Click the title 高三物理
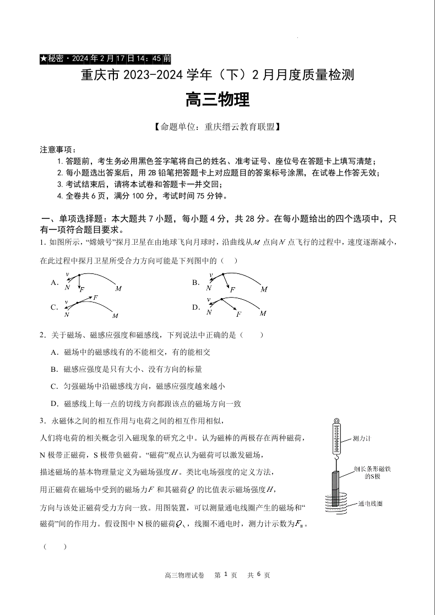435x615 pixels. coord(218,100)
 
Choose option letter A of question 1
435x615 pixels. coord(55,283)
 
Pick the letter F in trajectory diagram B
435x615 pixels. coord(232,289)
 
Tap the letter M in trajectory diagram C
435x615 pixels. coord(115,316)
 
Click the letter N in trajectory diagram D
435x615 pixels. coord(209,312)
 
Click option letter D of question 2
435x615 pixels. coord(54,404)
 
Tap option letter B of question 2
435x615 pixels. coord(54,369)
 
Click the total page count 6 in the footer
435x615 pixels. coord(259,575)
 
